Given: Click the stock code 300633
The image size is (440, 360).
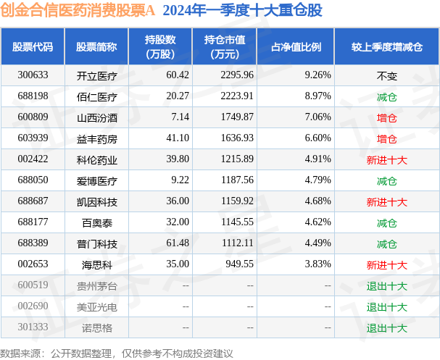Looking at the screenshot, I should point(33,75).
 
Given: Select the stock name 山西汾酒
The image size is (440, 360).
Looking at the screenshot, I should point(96,117).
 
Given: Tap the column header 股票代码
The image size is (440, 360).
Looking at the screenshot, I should point(33,47).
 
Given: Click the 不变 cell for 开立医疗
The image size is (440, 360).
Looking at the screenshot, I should point(386,75).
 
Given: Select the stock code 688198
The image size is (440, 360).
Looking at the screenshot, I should point(33,96).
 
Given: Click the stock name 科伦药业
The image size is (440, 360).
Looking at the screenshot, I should point(96,159).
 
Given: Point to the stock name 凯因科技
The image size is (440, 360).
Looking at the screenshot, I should point(96,201).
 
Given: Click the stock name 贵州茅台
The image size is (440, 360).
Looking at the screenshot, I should point(96,286).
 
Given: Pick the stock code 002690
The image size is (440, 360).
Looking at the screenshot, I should point(33,307).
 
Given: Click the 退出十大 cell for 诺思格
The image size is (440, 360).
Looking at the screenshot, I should point(386,328).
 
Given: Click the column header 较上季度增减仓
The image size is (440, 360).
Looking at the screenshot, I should point(386,47).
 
